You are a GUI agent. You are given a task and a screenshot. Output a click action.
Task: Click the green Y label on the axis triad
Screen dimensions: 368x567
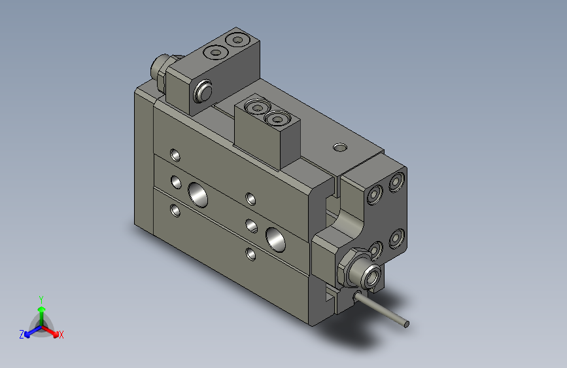click(41, 298)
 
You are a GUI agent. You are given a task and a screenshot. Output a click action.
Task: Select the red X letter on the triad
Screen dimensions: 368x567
click(61, 335)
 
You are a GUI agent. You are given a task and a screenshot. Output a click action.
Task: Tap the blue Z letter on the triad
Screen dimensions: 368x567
click(22, 334)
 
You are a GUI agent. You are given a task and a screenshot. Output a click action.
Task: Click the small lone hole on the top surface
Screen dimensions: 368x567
click(339, 147)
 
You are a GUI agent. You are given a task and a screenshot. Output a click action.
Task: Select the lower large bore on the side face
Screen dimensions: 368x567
click(276, 239)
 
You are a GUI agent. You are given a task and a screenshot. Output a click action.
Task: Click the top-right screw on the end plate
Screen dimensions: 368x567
click(396, 182)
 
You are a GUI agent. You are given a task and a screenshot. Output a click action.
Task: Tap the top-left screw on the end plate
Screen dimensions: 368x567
click(375, 195)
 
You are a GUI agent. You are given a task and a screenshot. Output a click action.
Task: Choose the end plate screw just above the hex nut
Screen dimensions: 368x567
click(375, 249)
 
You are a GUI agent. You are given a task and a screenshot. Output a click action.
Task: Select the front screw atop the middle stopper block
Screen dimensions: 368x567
click(277, 119)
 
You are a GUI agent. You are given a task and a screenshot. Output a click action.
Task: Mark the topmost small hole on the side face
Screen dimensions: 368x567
click(175, 155)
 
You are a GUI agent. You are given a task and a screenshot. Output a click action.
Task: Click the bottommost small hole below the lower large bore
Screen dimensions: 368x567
click(250, 253)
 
